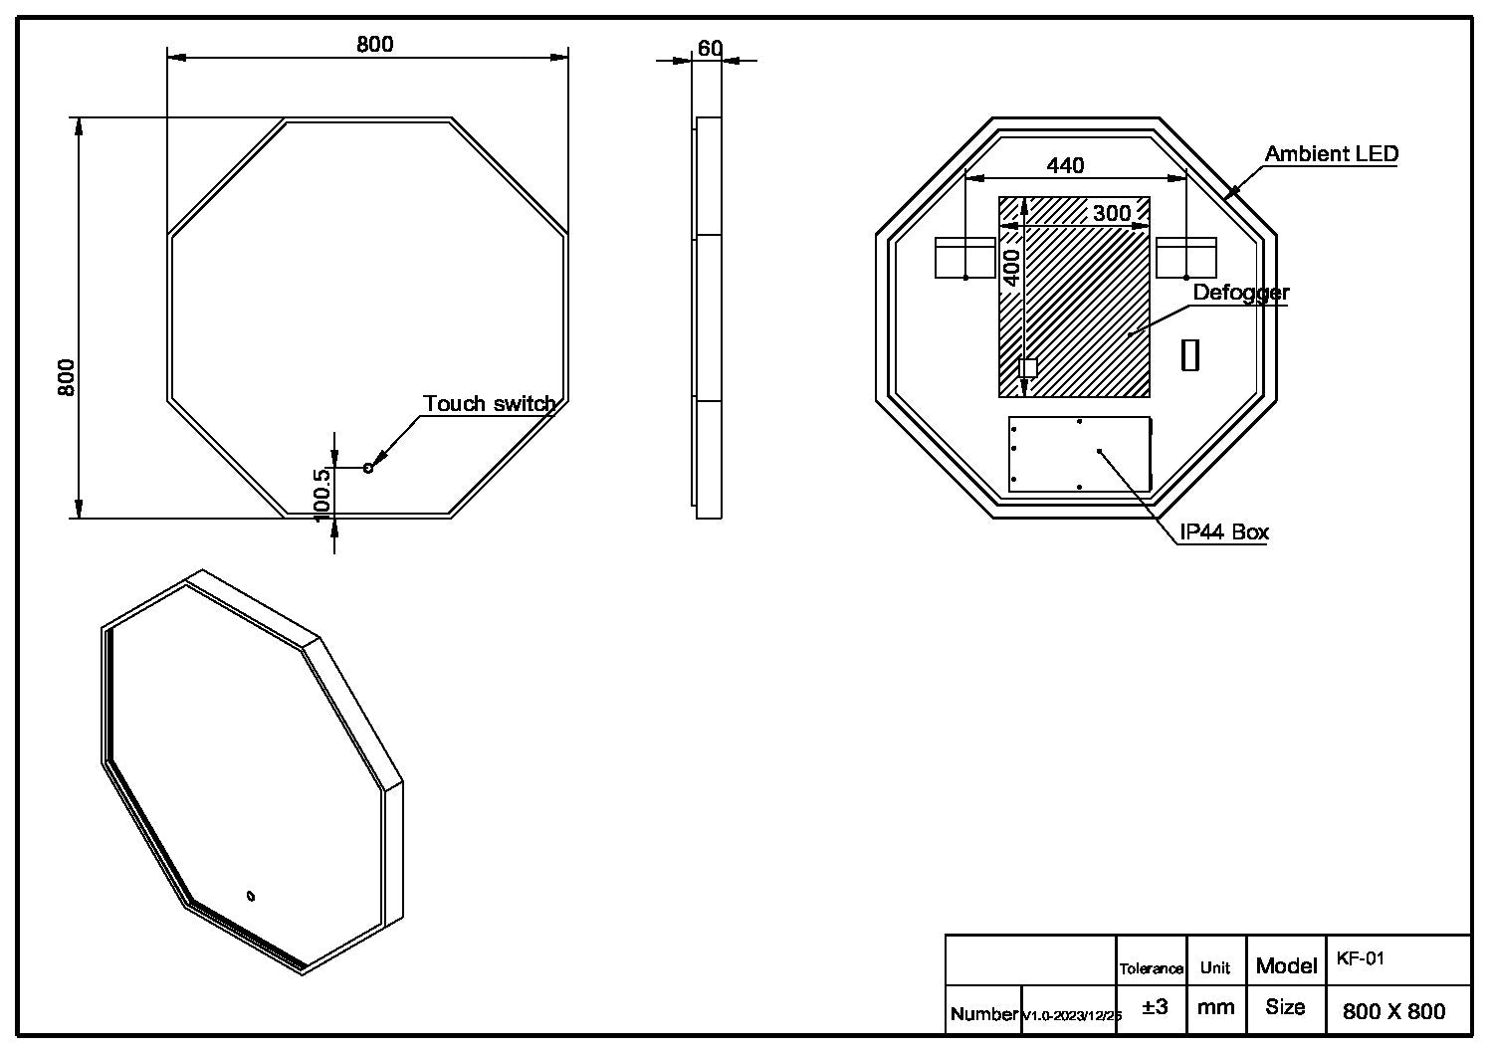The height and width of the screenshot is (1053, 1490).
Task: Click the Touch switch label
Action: (489, 403)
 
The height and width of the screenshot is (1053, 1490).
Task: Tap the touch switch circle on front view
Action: (368, 468)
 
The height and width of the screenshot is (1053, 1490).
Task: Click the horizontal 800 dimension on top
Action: (374, 44)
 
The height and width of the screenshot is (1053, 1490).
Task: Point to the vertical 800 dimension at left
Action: (67, 377)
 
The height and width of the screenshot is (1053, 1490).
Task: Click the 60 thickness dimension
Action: (710, 48)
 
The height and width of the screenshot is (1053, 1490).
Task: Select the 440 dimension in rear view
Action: (1065, 165)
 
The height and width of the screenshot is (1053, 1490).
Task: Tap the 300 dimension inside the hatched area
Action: (1111, 213)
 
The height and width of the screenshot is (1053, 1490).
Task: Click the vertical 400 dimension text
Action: (1011, 268)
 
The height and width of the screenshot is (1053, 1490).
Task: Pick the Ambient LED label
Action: (1331, 154)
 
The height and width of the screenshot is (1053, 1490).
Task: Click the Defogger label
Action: (1240, 293)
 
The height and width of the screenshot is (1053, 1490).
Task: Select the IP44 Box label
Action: (1224, 531)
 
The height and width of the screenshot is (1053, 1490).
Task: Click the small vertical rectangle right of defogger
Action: (1189, 355)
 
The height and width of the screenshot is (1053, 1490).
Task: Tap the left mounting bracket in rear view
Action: (964, 258)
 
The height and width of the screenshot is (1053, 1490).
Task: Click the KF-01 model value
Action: (1360, 959)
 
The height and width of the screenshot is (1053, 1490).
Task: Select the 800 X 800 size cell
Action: (1393, 1011)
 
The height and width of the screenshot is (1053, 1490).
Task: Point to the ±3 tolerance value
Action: (1155, 1007)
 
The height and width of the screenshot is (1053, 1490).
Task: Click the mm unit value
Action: (1215, 1007)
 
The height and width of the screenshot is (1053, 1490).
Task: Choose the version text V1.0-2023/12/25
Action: (1071, 1015)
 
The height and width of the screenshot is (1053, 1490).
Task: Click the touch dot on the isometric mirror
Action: (251, 894)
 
